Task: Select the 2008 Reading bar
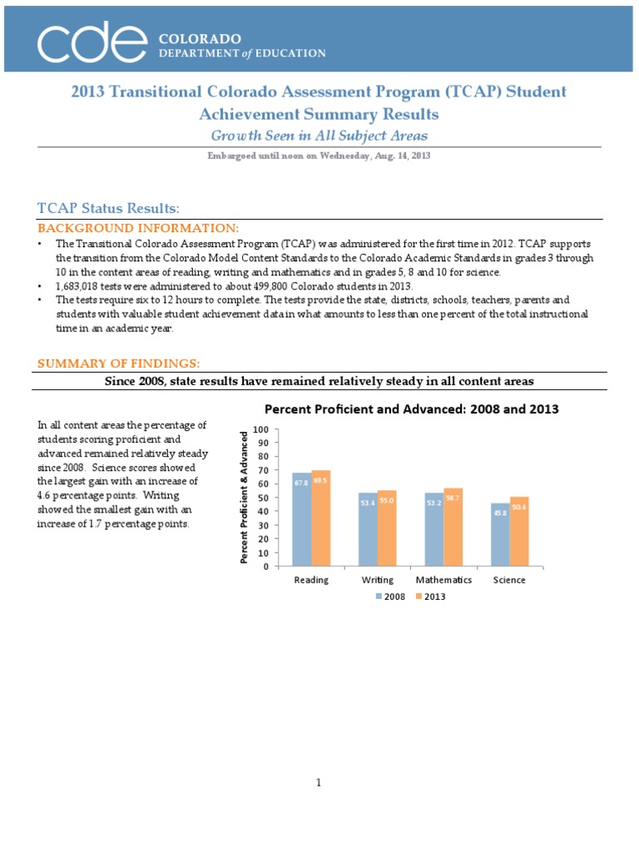(301, 519)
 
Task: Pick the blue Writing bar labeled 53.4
(367, 529)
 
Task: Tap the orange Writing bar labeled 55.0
(387, 528)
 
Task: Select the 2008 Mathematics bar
(433, 529)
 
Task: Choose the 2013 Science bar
(519, 532)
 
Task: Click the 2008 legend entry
(390, 597)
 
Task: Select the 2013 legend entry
(430, 597)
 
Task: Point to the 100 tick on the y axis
(261, 429)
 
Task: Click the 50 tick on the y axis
(264, 498)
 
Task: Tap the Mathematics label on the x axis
(443, 580)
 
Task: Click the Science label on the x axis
(509, 580)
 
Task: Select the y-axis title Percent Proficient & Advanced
(245, 497)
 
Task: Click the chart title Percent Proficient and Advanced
(411, 409)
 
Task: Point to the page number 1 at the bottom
(319, 783)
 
